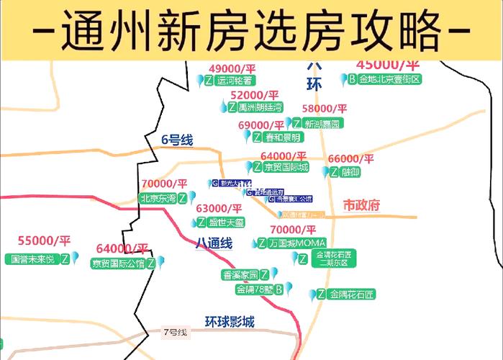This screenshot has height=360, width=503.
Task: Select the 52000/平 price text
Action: [x=255, y=94]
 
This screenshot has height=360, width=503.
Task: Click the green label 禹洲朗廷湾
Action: [x=255, y=107]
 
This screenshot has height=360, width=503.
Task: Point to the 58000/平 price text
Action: [x=325, y=109]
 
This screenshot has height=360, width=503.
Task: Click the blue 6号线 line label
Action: [x=177, y=140]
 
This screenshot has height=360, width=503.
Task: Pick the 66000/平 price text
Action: [x=351, y=158]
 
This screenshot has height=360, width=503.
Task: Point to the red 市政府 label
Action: [x=361, y=205]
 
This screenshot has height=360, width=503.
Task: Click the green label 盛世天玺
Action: [x=221, y=222]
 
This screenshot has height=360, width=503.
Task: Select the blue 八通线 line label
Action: [x=214, y=243]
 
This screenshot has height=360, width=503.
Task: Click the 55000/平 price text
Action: [x=45, y=240]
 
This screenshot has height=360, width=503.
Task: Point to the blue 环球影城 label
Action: [x=230, y=321]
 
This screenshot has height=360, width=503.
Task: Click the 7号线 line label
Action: [x=175, y=332]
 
